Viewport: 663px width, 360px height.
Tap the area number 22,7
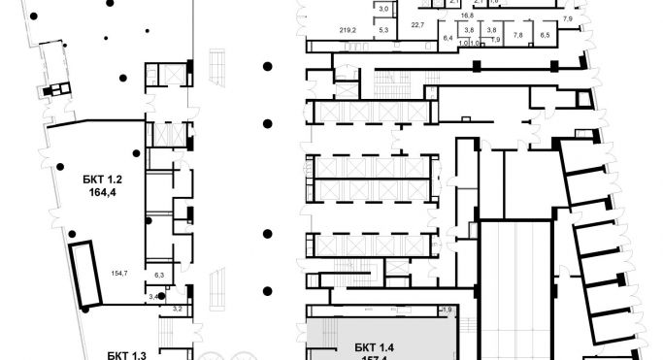pos(418,24)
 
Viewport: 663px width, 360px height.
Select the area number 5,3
pos(383,31)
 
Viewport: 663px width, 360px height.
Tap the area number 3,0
pos(383,9)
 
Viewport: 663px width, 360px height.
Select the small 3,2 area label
pos(177,309)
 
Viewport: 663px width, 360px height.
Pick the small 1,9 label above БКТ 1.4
pos(448,309)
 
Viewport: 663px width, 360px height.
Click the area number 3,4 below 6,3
pos(154,293)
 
